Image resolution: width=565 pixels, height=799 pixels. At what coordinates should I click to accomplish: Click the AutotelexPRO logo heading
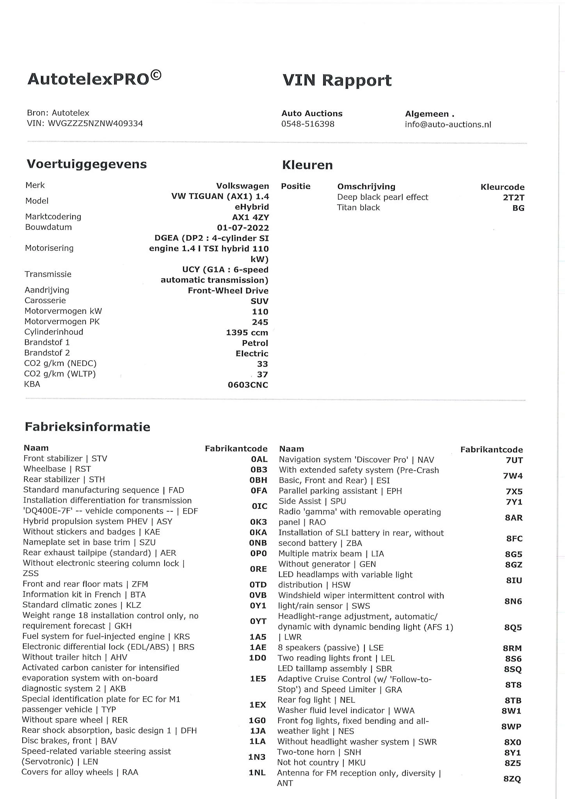coord(94,78)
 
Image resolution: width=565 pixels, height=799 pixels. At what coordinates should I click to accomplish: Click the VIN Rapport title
coord(337,80)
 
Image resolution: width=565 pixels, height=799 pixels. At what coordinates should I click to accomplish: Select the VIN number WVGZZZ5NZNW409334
coord(95,124)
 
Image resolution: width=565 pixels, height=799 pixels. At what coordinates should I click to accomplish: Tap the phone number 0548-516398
coord(308,124)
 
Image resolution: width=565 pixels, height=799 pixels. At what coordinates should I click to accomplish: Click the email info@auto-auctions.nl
coord(448,124)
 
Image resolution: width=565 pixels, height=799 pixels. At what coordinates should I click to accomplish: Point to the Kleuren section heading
coord(307,165)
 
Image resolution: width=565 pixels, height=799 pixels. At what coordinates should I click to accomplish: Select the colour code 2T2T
coord(513,197)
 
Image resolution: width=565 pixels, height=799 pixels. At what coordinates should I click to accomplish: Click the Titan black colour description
coord(358,208)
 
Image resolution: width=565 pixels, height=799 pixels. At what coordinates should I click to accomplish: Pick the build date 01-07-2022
coord(243,227)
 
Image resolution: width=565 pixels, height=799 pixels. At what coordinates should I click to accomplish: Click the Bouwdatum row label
coord(48,227)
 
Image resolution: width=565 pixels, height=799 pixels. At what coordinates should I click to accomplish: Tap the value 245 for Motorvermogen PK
coord(260,322)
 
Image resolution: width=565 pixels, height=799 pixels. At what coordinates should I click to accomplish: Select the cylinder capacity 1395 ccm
coord(247,332)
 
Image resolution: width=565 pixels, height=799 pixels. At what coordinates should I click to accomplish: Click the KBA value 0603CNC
coord(248,385)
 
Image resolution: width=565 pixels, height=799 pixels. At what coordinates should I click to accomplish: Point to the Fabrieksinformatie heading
coord(87,426)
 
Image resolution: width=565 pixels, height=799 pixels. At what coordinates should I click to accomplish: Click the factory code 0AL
coord(259,459)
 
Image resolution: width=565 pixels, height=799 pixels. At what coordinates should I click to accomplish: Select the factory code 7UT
coord(514,460)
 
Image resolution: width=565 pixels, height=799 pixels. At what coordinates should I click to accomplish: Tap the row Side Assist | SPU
coord(312,501)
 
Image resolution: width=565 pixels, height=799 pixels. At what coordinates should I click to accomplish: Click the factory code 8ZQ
coord(512,779)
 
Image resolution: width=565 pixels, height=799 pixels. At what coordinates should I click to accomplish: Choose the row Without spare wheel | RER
coord(75,720)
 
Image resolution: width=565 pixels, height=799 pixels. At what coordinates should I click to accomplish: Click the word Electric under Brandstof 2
coord(252,353)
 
